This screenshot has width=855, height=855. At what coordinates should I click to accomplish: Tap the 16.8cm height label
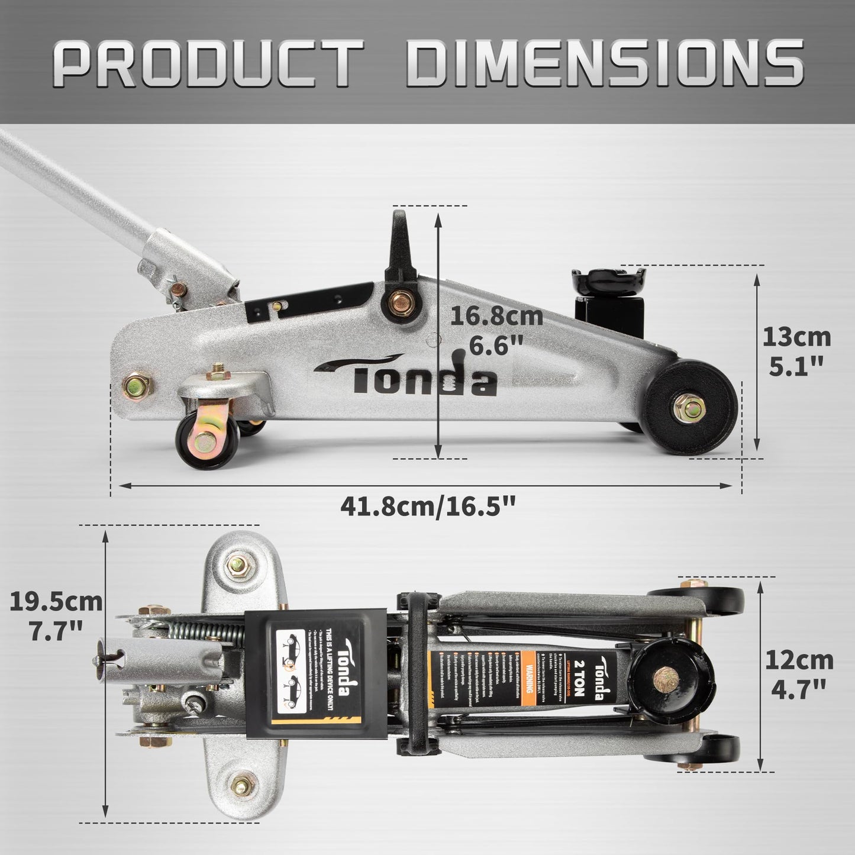pos(496,316)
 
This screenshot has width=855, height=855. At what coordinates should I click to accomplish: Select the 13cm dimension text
pos(796,338)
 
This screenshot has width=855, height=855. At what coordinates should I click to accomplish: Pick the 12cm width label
pos(798,660)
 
